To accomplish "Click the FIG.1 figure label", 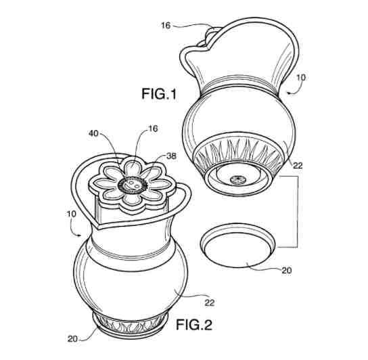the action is coord(159,93).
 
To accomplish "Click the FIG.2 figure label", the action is coord(194,325).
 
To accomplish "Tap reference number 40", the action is coord(93,133).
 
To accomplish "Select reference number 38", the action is coord(171,156).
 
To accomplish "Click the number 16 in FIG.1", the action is coord(166,25).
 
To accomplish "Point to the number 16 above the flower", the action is coord(153,129).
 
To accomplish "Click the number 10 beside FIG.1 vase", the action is coord(301,78).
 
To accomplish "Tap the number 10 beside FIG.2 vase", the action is coord(72,214).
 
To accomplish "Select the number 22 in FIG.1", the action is coord(298,166).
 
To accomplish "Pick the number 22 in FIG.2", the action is coord(210,303).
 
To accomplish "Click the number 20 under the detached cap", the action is coord(287,270).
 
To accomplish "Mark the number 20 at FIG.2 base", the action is coord(73,339).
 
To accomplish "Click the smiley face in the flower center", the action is coord(133,185).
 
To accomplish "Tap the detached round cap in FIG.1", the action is coord(237,246).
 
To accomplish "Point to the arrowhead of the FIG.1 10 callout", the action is coord(289,93).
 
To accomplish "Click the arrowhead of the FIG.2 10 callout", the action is coord(80,235).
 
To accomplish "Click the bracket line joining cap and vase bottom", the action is coord(298,212).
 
